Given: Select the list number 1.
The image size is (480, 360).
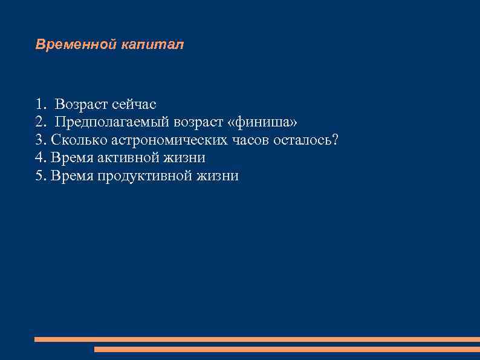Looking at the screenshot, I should pos(40,105).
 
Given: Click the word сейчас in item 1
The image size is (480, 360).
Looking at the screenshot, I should pos(134,105).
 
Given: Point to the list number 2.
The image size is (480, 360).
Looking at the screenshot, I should pos(40,122).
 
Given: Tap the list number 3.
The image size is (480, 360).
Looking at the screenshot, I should pos(40,140).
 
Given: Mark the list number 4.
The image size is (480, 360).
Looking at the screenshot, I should pos(40,158).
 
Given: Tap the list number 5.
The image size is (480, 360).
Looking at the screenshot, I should pos(40,176).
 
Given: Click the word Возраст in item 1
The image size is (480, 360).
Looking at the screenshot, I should pos(82,105).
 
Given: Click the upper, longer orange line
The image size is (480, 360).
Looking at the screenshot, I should pos(257,339).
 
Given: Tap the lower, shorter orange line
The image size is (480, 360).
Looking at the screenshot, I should pos(287,349).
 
